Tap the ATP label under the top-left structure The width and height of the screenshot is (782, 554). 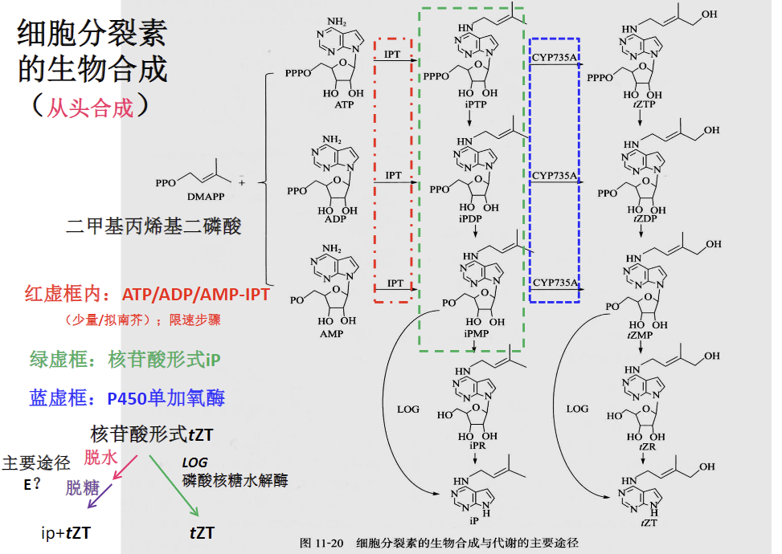345,104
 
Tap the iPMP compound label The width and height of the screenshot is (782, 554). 474,332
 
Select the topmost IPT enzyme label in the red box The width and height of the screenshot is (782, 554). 393,55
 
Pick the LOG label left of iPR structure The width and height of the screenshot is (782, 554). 408,409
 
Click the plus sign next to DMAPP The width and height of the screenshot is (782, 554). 264,183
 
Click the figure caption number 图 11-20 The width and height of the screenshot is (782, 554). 321,543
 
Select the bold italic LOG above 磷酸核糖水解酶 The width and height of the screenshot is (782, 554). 194,462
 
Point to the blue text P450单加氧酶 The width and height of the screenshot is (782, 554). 166,397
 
